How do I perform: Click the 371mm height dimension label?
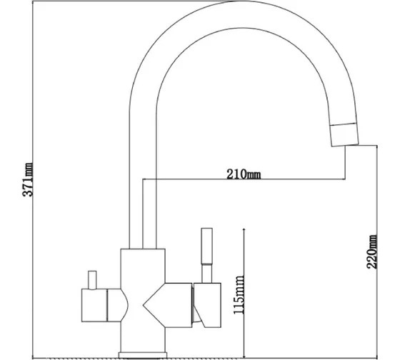coord(28,179)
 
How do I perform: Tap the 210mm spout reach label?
coord(244,174)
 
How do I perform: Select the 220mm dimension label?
coord(372,251)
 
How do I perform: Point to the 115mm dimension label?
coord(239,295)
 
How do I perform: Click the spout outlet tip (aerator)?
coord(344,135)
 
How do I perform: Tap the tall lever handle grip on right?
coord(206,246)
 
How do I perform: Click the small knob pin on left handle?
coord(92,280)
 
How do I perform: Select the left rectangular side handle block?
coord(94,305)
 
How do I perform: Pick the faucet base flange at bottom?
coord(143,355)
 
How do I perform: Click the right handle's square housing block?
coord(207,305)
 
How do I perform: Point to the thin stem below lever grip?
coord(207,274)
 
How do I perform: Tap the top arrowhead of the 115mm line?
coord(244,229)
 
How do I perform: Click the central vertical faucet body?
coord(143,300)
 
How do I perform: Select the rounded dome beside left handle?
coord(117,305)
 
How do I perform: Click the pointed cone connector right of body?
coord(167,305)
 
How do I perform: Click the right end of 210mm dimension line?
coord(345,179)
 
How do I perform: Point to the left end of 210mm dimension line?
coord(143,179)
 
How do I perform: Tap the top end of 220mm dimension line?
coord(377,146)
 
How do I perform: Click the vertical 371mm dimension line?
coord(33,179)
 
